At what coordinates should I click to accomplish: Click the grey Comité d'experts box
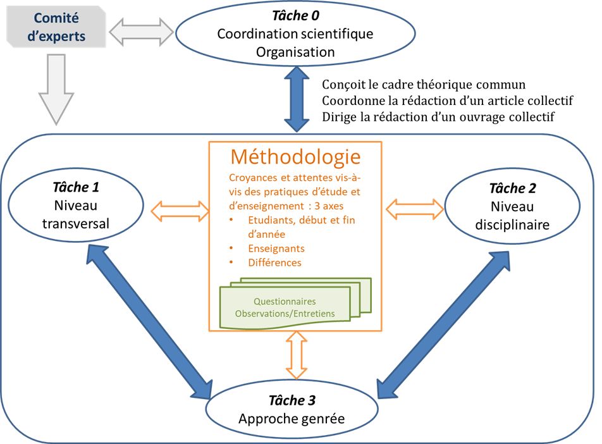tap(56, 27)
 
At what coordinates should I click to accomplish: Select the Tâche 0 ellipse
tap(295, 34)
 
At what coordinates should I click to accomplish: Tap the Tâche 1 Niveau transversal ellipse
tap(76, 205)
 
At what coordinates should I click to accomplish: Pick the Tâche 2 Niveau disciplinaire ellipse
tap(512, 206)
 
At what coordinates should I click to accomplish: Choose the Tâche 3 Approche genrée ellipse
tap(292, 409)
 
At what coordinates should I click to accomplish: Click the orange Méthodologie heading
tap(296, 157)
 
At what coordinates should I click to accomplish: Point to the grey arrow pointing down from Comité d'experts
tap(56, 89)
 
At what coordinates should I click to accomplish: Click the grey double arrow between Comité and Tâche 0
tap(141, 32)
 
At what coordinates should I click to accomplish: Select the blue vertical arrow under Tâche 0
tap(297, 99)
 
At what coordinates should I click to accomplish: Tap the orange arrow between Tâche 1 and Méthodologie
tap(180, 211)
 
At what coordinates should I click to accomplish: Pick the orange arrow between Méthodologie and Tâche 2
tap(415, 209)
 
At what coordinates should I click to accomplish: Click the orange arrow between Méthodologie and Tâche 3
tap(297, 355)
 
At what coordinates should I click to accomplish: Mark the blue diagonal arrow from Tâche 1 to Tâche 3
tap(149, 321)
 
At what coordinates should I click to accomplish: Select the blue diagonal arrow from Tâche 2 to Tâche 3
tap(443, 325)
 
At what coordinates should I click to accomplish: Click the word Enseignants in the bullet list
tap(276, 249)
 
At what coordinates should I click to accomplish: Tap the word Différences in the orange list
tap(274, 262)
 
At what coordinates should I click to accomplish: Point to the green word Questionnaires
tap(285, 302)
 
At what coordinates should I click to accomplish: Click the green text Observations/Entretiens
tap(285, 314)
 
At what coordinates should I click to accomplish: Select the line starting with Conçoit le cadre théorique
tap(424, 85)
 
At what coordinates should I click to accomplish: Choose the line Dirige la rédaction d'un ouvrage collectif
tap(438, 117)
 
